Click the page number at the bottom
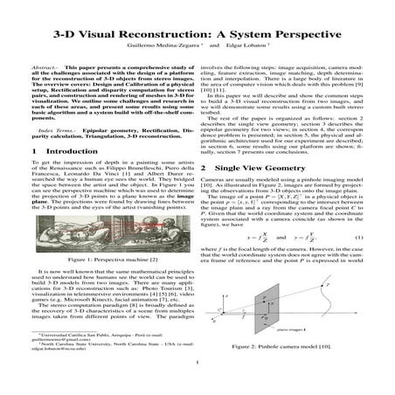click(197, 383)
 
